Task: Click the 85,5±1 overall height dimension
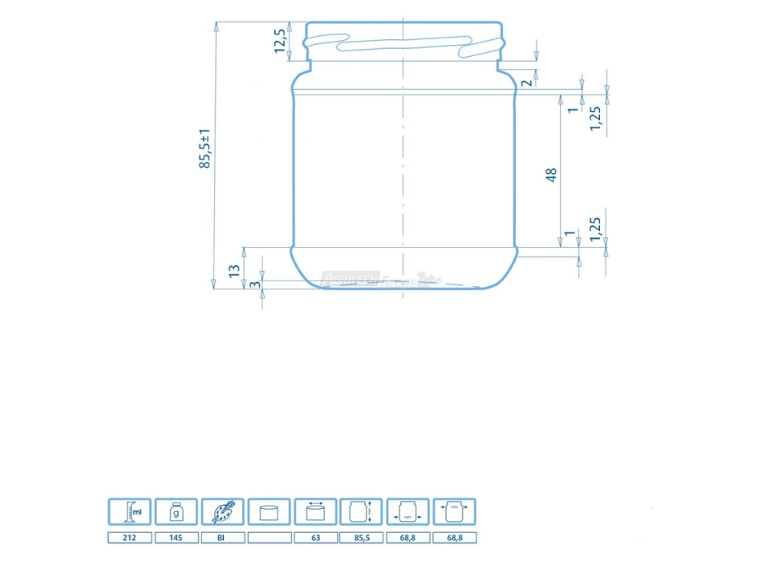click(205, 148)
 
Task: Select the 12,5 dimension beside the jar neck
click(279, 41)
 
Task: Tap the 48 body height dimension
click(551, 174)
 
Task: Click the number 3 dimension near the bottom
click(253, 285)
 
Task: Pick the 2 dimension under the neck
click(526, 82)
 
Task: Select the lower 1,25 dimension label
click(594, 228)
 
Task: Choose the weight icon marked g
click(176, 511)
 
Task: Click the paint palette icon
click(222, 511)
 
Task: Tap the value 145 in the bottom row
click(176, 538)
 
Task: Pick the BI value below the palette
click(222, 538)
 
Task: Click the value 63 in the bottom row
click(315, 538)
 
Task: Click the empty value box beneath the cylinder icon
click(269, 538)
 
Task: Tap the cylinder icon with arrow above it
click(315, 511)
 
